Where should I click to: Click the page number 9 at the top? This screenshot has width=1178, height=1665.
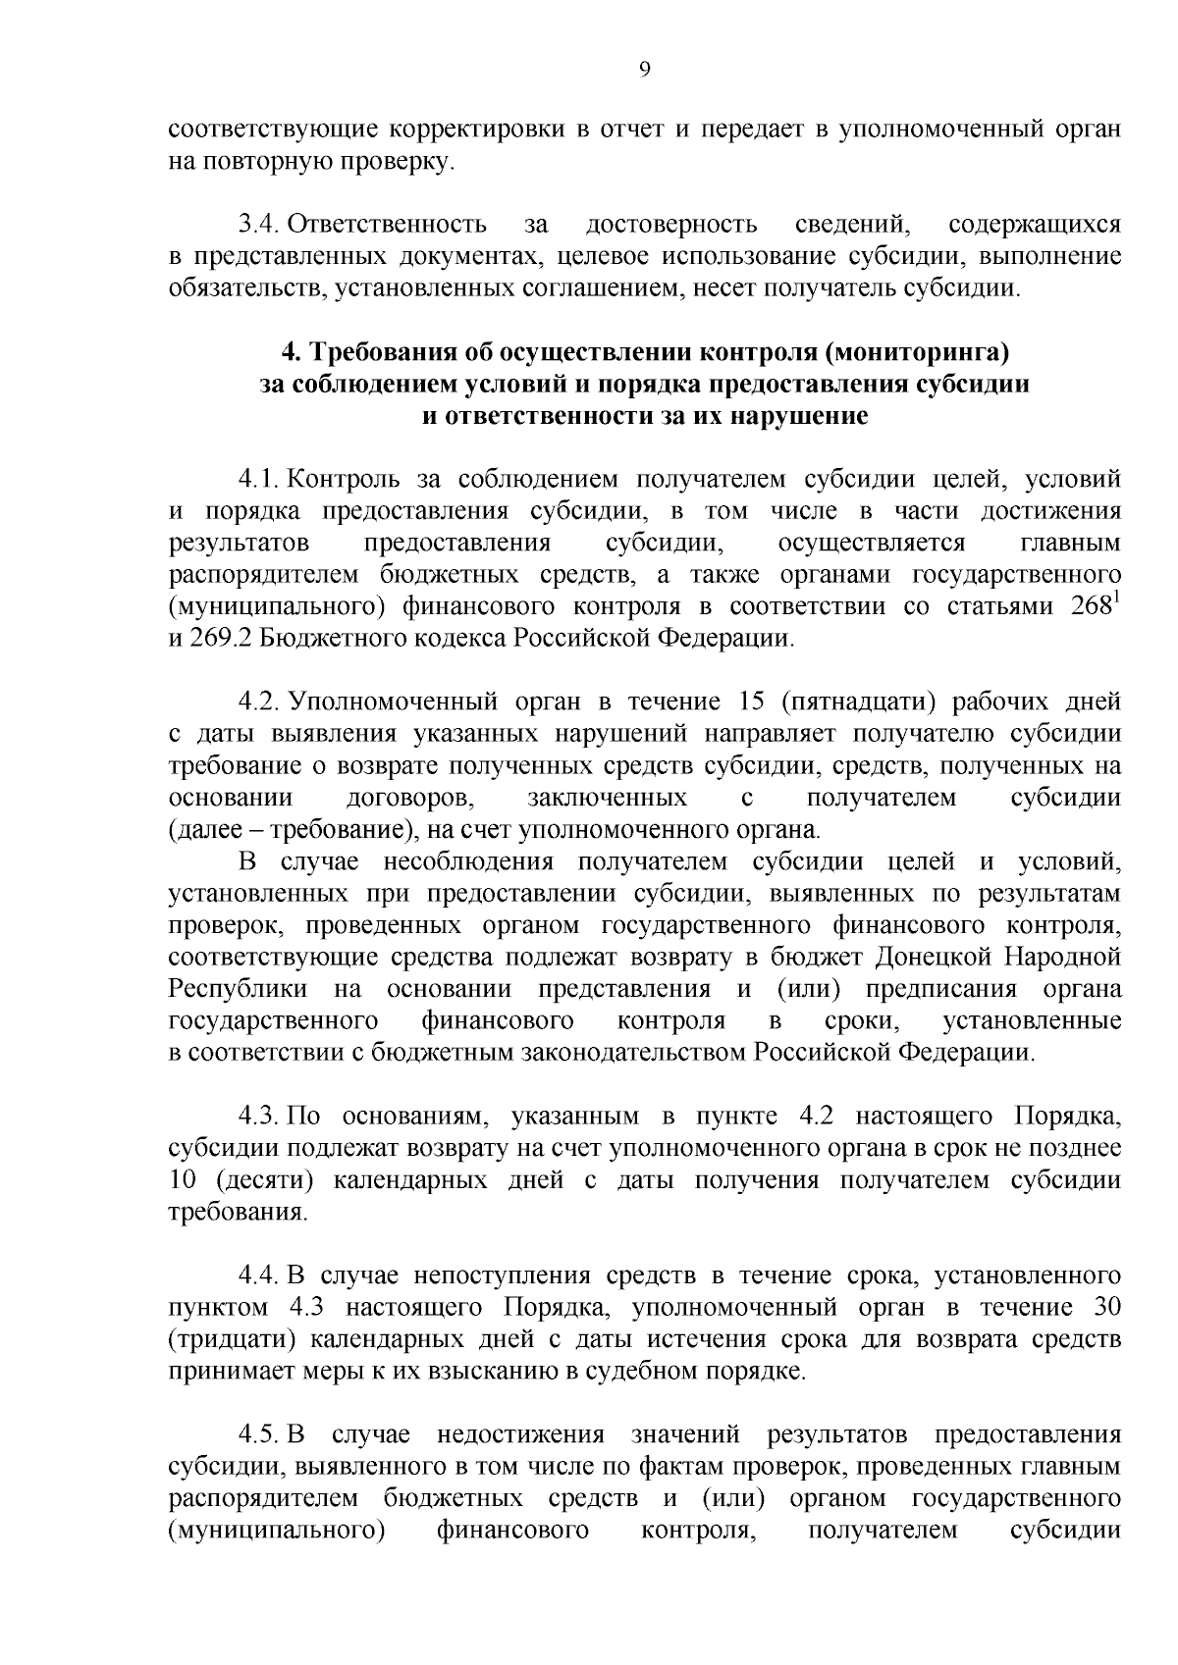[x=644, y=69]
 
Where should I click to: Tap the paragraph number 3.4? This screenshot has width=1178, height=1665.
[x=258, y=225]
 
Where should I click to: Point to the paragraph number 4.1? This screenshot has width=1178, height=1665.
[x=258, y=480]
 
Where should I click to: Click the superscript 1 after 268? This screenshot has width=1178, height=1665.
[x=1117, y=599]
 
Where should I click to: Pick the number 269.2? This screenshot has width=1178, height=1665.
[x=220, y=639]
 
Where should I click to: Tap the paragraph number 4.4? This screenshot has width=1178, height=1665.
[x=258, y=1276]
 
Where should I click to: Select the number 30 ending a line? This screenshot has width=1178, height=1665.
[x=1105, y=1308]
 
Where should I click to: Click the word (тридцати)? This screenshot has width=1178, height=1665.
[x=225, y=1340]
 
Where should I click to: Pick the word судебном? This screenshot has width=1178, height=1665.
[x=638, y=1372]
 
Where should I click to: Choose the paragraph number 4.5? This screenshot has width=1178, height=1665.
[x=258, y=1435]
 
